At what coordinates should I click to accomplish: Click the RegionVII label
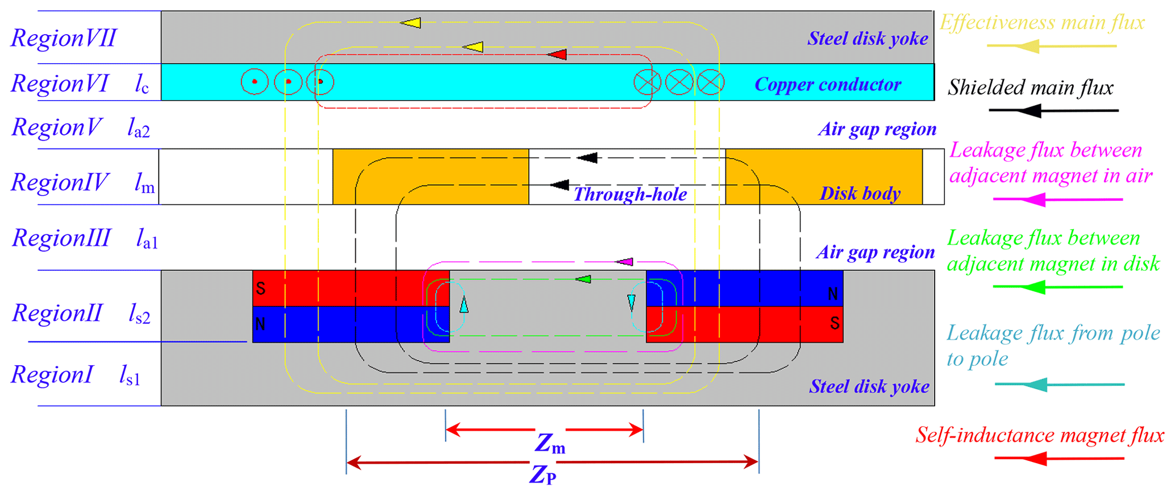[64, 38]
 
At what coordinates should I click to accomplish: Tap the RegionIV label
[60, 183]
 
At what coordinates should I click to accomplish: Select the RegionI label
[52, 375]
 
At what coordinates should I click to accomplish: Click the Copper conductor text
[828, 84]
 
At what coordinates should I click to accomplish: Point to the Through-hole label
[630, 195]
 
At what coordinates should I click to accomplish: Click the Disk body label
[860, 193]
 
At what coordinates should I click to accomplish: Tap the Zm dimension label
[550, 443]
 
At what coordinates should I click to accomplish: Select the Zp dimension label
[543, 474]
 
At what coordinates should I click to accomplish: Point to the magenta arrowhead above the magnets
[625, 262]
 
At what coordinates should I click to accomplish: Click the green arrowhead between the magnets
[583, 279]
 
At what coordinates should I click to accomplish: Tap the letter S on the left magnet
[261, 288]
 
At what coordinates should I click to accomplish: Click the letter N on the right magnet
[833, 294]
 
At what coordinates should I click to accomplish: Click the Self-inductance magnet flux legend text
[1040, 435]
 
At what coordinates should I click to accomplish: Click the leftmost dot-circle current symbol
[255, 82]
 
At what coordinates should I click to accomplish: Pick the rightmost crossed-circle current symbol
[711, 82]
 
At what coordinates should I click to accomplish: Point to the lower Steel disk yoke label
[869, 387]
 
